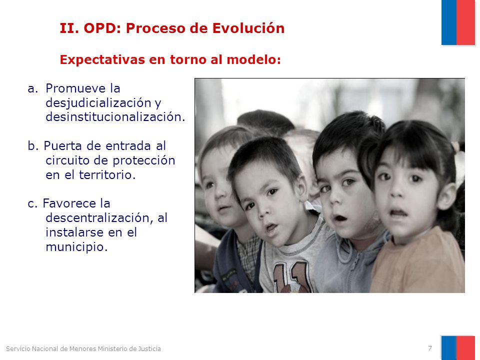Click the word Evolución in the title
(x=248, y=28)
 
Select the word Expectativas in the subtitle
(x=102, y=59)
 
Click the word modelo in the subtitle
(x=253, y=59)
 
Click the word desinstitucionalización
(x=115, y=116)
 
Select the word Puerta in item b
(x=63, y=145)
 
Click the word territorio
(x=107, y=175)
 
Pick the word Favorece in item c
(x=69, y=203)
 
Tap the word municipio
(x=76, y=246)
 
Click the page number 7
(x=430, y=348)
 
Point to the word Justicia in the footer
(x=149, y=348)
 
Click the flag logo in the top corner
(x=458, y=22)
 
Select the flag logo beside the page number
(x=458, y=348)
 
